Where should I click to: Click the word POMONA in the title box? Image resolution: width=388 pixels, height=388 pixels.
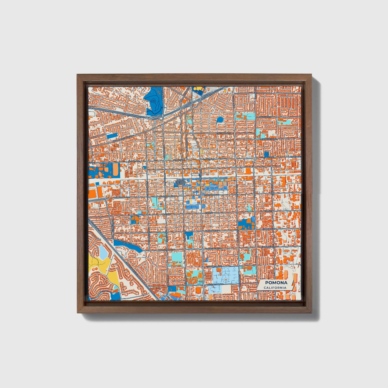(276, 283)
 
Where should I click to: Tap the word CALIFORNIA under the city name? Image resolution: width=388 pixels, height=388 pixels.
(275, 288)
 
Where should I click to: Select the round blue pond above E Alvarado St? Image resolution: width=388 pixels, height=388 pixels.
(220, 119)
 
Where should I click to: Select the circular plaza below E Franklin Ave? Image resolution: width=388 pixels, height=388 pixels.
(226, 280)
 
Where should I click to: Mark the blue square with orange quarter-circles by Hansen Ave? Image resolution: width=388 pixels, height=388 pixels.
(135, 220)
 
